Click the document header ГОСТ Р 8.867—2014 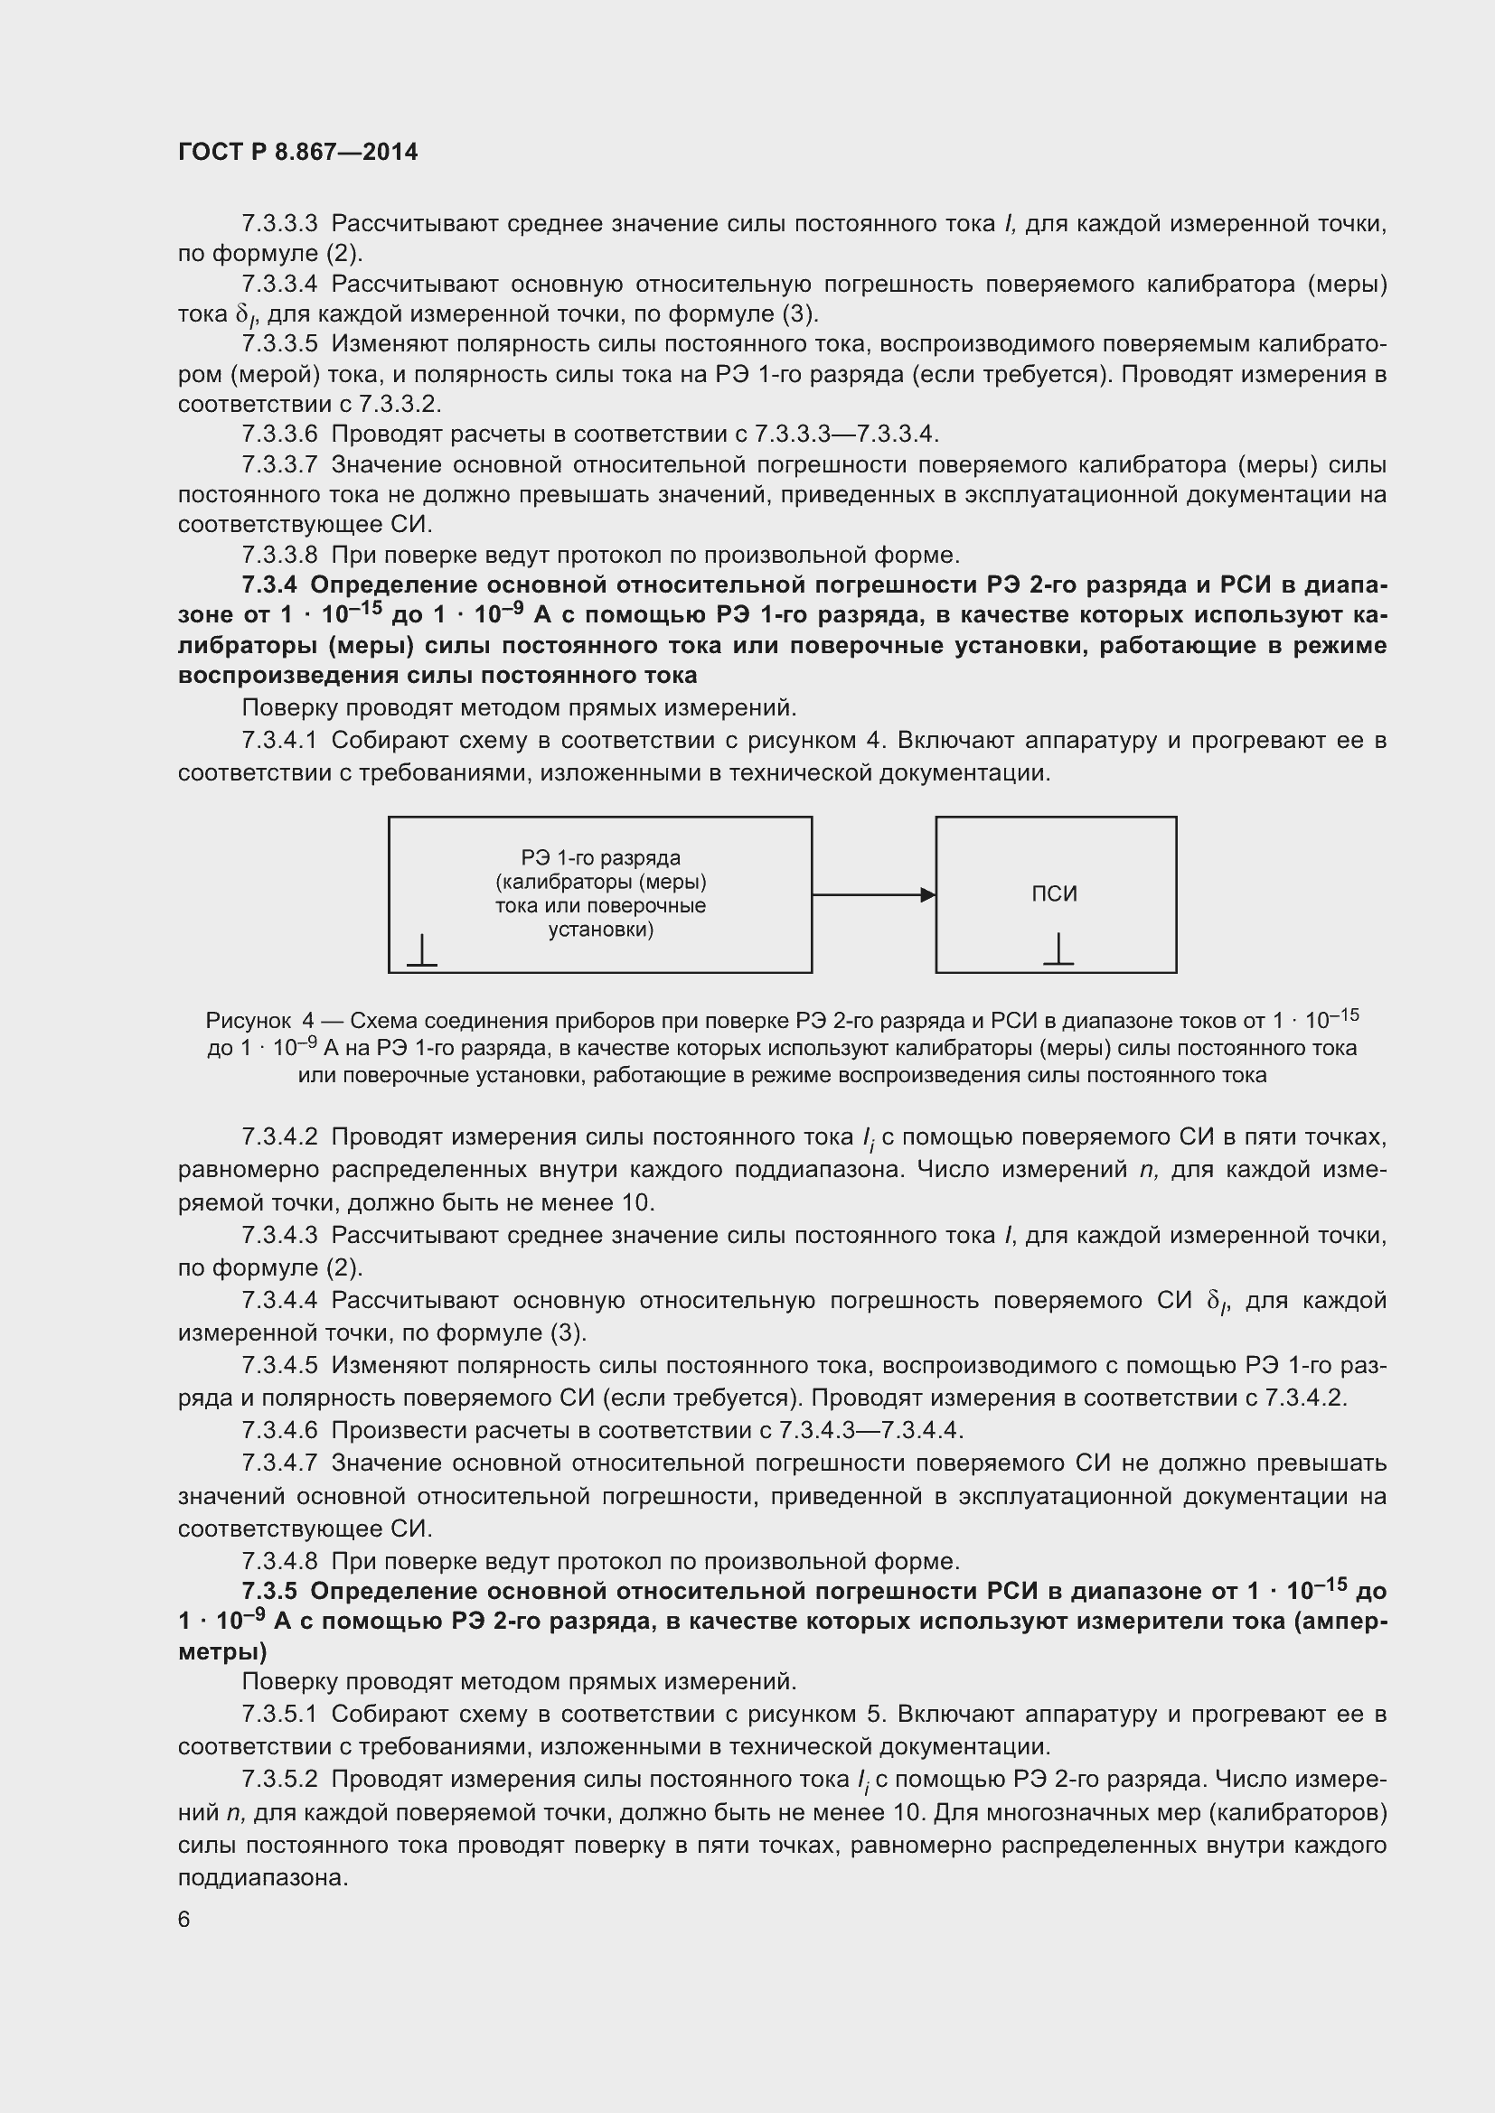[297, 152]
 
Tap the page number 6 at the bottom [184, 1919]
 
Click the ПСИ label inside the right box [1054, 893]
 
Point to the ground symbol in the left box [421, 950]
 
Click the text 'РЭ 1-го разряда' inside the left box [600, 857]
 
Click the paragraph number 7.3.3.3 [279, 224]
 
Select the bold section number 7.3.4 [269, 585]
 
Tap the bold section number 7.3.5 [269, 1591]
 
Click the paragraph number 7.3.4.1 [279, 741]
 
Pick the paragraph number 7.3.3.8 [279, 555]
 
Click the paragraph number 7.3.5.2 [279, 1779]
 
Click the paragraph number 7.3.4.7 [279, 1463]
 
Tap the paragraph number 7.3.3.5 [279, 344]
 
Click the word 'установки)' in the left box [600, 930]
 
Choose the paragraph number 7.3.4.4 [279, 1300]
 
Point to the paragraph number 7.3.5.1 [279, 1714]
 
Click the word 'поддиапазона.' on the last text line [263, 1877]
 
